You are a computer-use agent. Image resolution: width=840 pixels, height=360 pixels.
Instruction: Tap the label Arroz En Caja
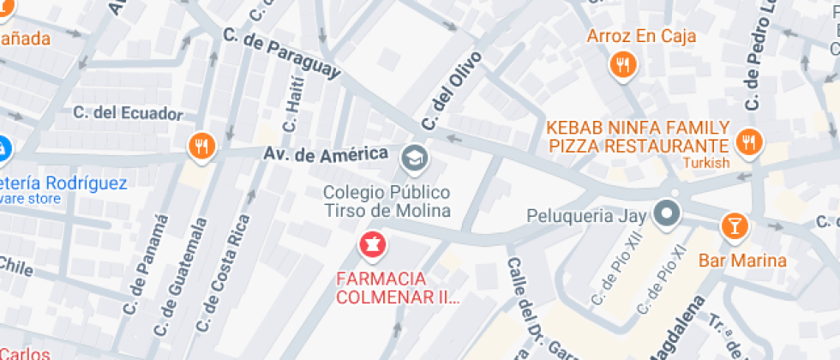[641, 36]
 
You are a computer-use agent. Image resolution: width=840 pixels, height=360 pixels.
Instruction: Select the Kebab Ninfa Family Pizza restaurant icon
[748, 143]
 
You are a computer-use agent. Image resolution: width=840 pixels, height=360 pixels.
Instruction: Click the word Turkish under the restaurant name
[706, 163]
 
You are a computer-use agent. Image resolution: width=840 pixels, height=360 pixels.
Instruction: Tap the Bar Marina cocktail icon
[735, 226]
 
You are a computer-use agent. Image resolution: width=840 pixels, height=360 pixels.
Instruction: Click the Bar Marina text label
[742, 261]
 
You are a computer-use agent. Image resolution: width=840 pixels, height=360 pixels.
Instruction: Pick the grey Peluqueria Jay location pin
[666, 213]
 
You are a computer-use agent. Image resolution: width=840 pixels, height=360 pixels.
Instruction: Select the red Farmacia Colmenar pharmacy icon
[373, 244]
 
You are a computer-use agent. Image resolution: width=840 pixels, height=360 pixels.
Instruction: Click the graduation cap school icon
[414, 156]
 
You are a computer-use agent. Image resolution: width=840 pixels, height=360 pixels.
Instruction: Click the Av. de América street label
[326, 155]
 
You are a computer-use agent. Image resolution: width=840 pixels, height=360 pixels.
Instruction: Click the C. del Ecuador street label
[128, 113]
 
